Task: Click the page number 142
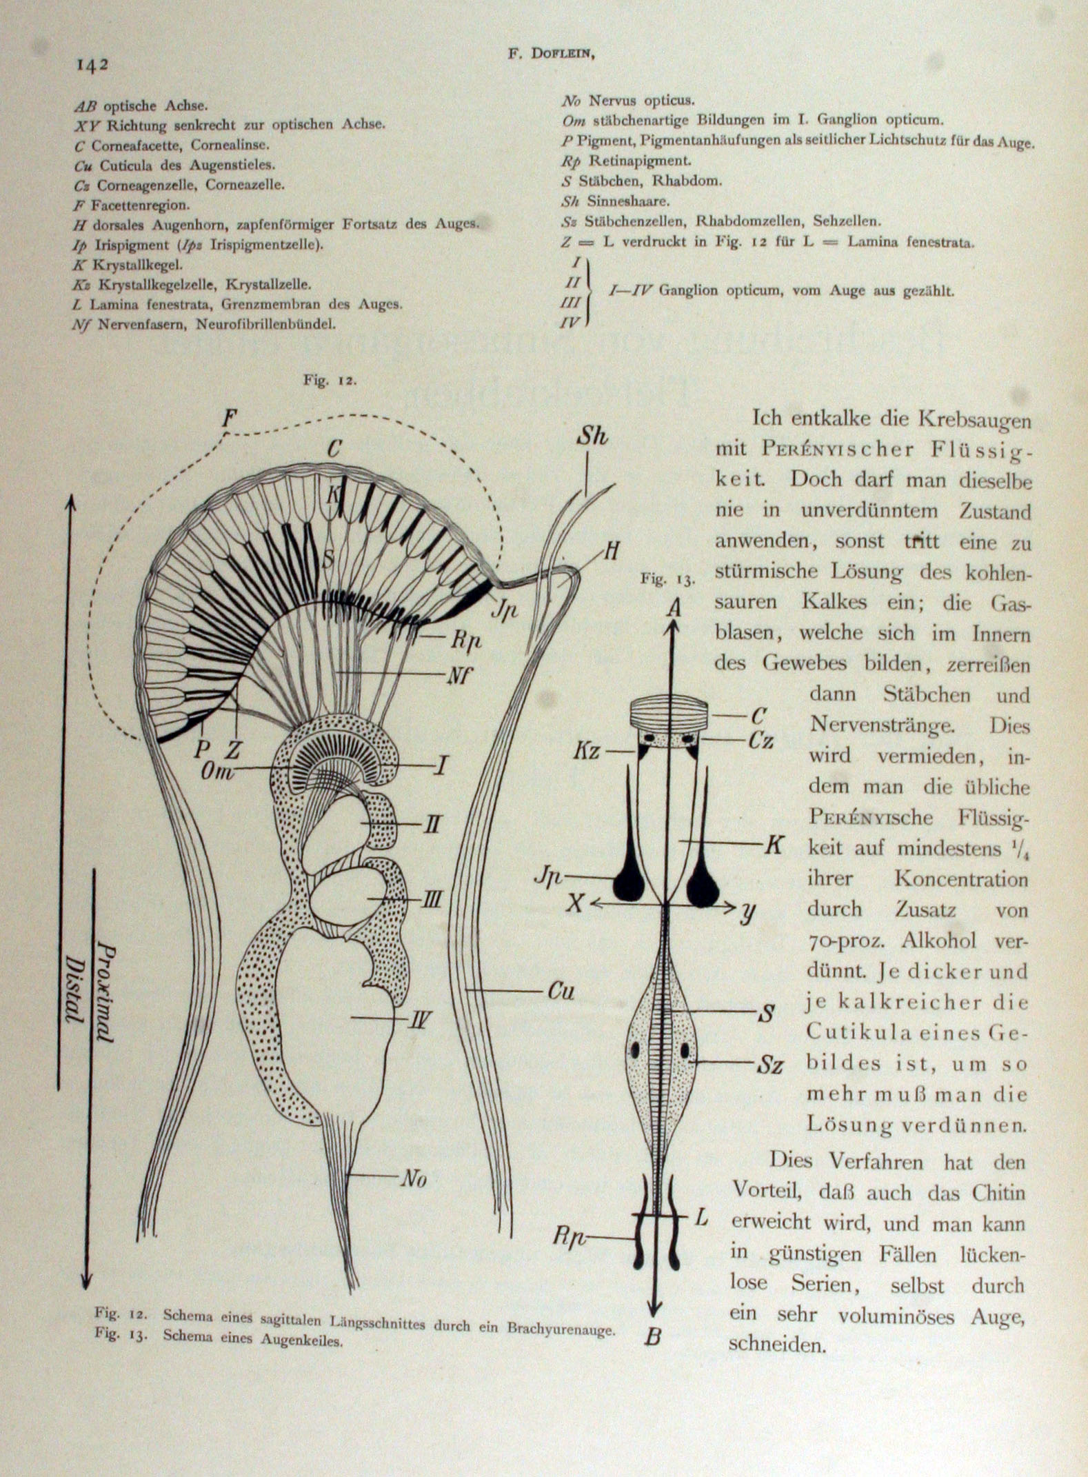92,65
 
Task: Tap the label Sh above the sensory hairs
592,436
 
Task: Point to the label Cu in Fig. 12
561,992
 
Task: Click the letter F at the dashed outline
230,418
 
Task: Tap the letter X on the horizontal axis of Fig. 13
575,903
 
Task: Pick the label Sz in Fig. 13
769,1065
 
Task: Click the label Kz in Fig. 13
586,750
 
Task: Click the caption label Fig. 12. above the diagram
330,381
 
